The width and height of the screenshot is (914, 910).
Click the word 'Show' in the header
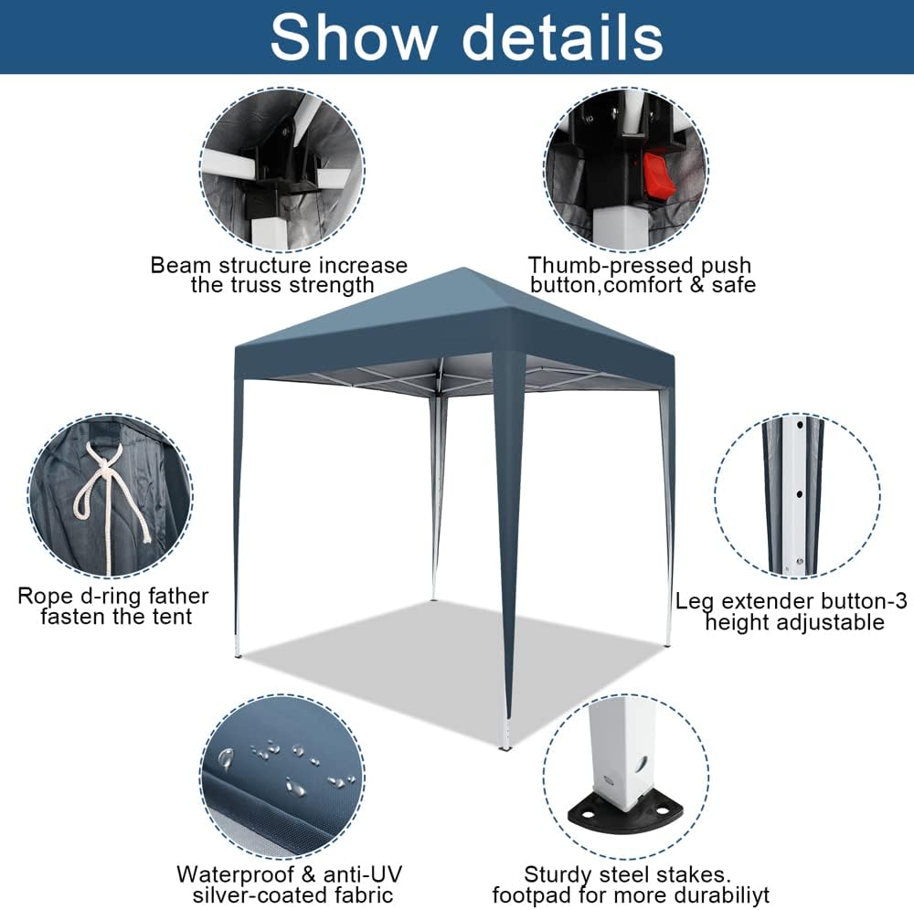(354, 37)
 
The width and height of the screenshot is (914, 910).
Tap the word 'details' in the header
(564, 37)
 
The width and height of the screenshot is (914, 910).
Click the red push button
(658, 174)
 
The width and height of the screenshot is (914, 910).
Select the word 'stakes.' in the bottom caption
(698, 873)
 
